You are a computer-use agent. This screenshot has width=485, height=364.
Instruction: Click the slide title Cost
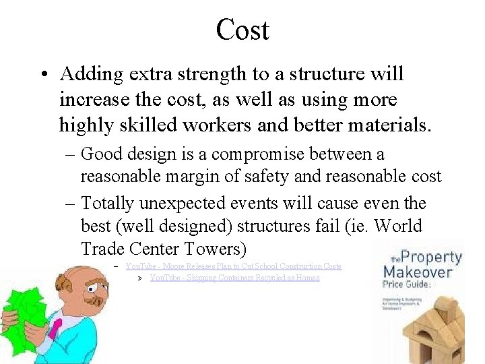click(x=243, y=29)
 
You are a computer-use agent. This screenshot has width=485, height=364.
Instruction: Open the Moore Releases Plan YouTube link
click(x=234, y=266)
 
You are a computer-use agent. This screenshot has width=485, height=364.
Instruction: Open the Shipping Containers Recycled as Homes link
click(x=234, y=278)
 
